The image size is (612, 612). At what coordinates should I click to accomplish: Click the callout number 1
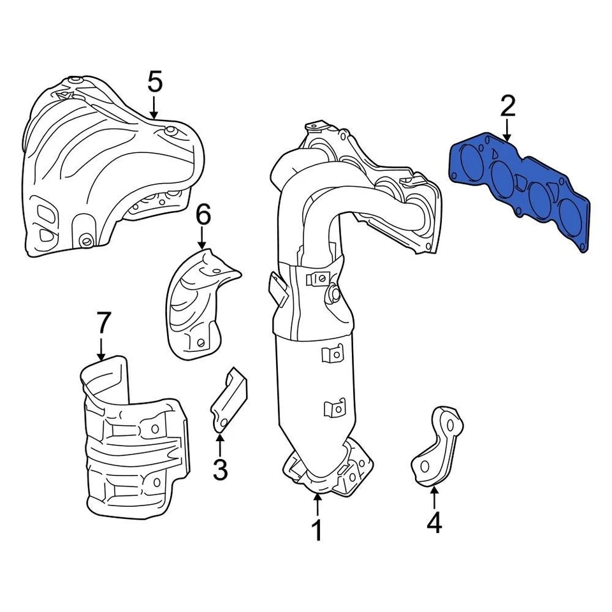click(317, 531)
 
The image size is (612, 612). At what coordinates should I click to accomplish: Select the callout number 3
click(219, 470)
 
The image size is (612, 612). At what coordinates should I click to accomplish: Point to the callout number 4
click(433, 523)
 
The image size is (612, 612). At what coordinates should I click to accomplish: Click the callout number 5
click(155, 82)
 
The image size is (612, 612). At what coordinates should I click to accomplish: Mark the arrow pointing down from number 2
click(507, 131)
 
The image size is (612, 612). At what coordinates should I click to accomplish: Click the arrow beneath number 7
click(101, 349)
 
